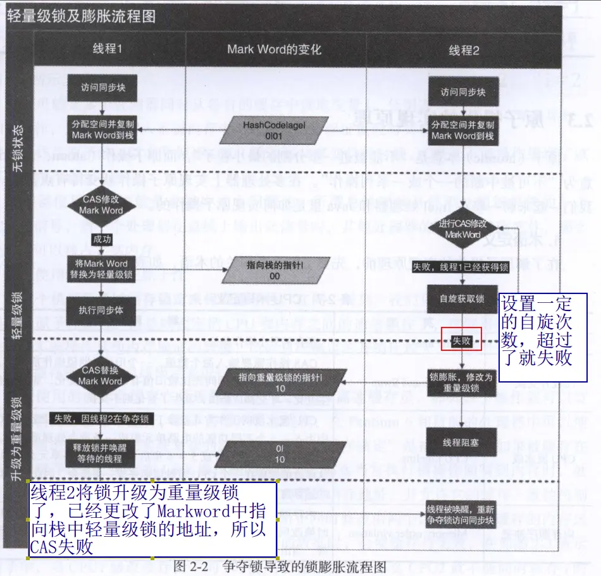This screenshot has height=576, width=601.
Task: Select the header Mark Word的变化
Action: [x=275, y=50]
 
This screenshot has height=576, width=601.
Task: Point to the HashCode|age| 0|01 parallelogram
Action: [x=275, y=130]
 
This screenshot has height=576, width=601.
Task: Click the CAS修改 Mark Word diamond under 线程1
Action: [x=102, y=205]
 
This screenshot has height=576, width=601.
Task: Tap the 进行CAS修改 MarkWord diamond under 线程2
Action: [x=462, y=228]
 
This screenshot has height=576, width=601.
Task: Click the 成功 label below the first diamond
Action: [x=102, y=239]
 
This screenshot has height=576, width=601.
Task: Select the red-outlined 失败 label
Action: [x=462, y=341]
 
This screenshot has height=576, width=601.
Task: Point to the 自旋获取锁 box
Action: [x=462, y=298]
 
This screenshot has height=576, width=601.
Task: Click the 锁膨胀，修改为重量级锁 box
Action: [x=462, y=382]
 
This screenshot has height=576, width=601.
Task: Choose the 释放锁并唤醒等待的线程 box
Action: [x=102, y=453]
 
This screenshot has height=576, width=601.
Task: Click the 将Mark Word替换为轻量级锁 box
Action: [x=102, y=269]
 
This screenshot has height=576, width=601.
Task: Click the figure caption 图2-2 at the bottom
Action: [x=190, y=566]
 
